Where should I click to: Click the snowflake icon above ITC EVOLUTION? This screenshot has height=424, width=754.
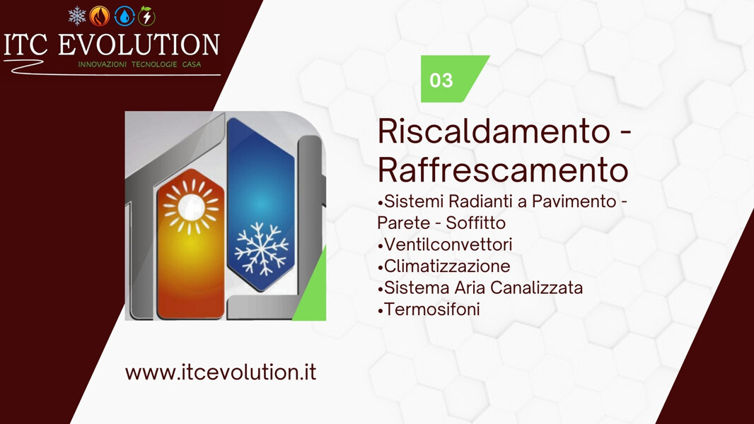coord(77,16)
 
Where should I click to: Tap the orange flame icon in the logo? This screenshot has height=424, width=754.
coord(100,16)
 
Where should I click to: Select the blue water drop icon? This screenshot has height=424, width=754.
coord(124,16)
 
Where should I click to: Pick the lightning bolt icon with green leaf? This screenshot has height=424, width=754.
coord(146,16)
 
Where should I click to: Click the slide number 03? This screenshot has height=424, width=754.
coord(441,80)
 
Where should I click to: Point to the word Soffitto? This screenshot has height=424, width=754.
coord(476,223)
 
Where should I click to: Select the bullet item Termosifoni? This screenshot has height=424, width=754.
coord(431,309)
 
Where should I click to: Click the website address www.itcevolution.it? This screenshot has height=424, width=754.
coord(220,372)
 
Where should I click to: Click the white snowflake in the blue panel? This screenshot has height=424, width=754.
coord(262,249)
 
